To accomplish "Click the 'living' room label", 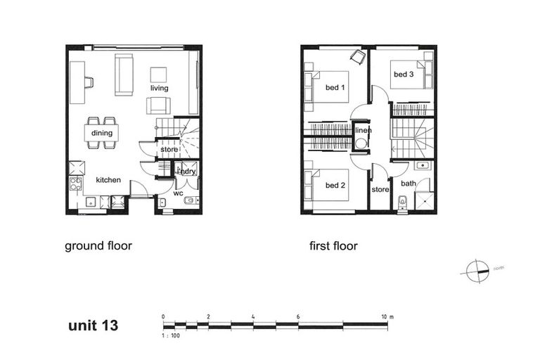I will coord(159,89).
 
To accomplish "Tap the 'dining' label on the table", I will coord(101,133).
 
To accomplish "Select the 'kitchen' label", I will coord(108,180).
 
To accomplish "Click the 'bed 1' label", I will coord(335,88).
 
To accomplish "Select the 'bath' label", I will coord(408,184).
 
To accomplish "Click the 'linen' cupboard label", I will coord(363,131).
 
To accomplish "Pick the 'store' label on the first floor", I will coord(380,189).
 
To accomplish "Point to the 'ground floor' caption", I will coord(98,246).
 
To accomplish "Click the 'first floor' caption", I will coord(333,246).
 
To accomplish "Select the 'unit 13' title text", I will coord(93,326).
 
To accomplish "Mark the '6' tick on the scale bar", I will coord(298,317).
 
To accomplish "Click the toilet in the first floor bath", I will coord(402,204).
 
